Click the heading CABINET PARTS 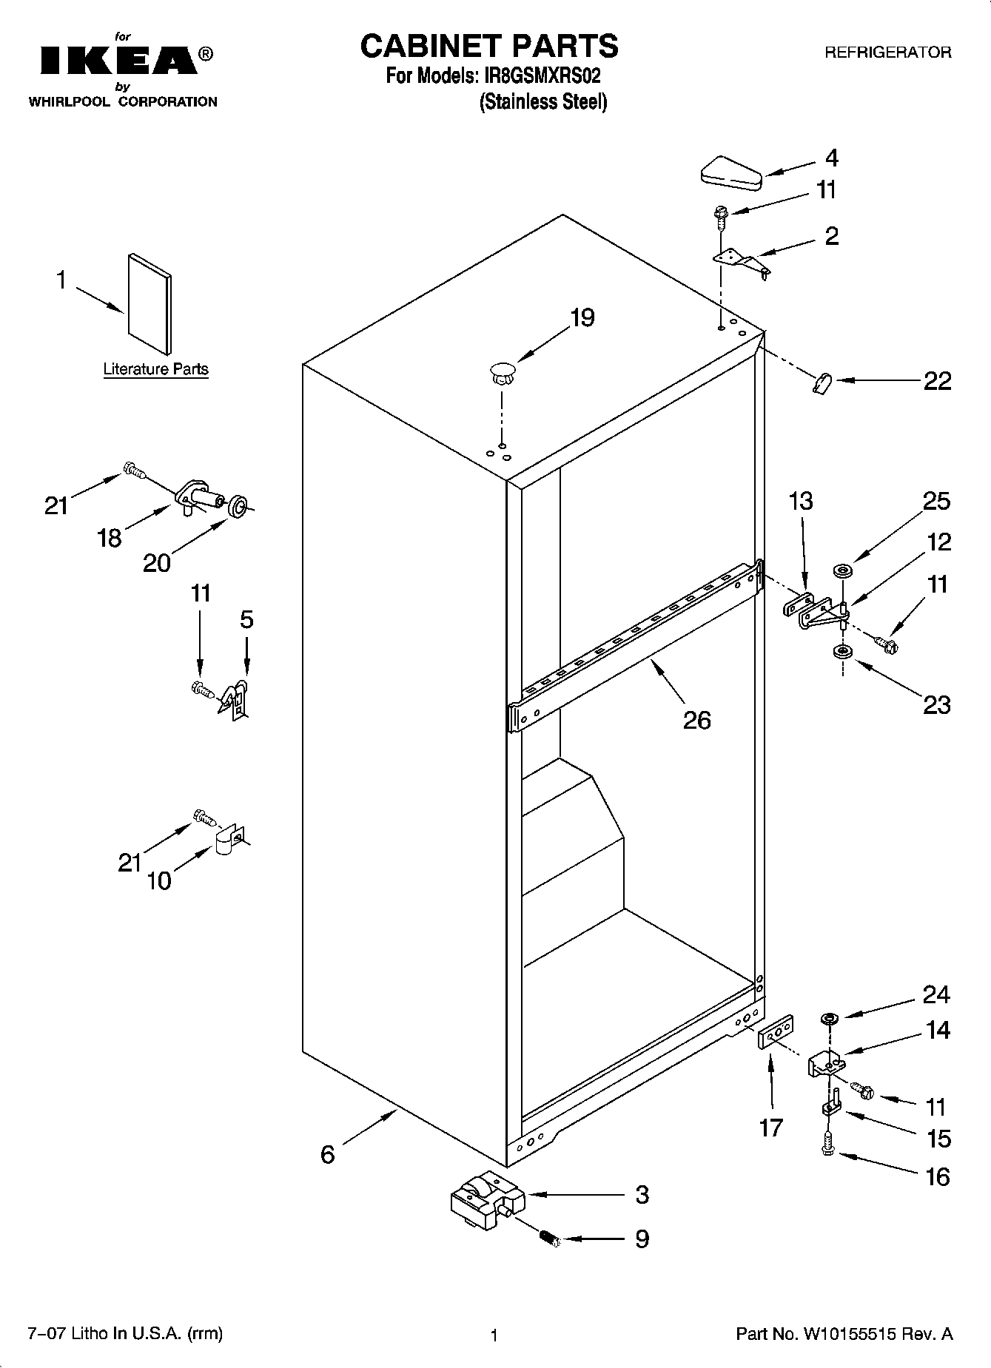[x=488, y=46]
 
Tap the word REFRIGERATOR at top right [x=887, y=53]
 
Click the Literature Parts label [x=155, y=369]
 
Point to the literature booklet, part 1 [x=150, y=303]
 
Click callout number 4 [x=831, y=158]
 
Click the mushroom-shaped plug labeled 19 [x=502, y=372]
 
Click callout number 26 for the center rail [x=696, y=719]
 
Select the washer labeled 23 [x=841, y=652]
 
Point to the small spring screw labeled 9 [x=549, y=1238]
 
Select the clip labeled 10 [x=227, y=840]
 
